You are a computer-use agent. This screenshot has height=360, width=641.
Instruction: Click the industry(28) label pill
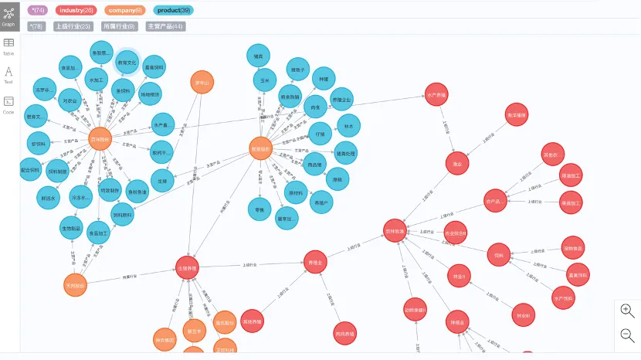click(76, 10)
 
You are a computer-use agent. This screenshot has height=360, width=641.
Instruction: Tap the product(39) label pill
click(174, 10)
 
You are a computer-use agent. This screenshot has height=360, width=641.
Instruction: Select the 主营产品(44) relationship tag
click(164, 26)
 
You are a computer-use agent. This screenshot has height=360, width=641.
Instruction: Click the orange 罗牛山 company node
click(202, 83)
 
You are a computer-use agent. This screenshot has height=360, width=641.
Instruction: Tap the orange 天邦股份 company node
click(76, 284)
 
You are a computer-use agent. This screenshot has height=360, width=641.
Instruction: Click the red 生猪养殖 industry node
click(187, 268)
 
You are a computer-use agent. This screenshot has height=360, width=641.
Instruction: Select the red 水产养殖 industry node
click(436, 94)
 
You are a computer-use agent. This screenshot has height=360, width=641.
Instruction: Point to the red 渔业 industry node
click(457, 163)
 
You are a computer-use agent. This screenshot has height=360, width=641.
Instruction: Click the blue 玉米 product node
click(264, 80)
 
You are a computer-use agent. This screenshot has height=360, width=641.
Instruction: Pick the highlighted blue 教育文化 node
click(127, 63)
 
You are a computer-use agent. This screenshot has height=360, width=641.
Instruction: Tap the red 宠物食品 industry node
click(573, 247)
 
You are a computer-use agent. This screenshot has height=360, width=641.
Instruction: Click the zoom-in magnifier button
click(627, 310)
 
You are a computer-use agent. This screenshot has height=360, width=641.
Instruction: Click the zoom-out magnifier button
click(627, 335)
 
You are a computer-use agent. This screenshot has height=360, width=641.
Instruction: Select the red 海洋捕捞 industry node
click(516, 115)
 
